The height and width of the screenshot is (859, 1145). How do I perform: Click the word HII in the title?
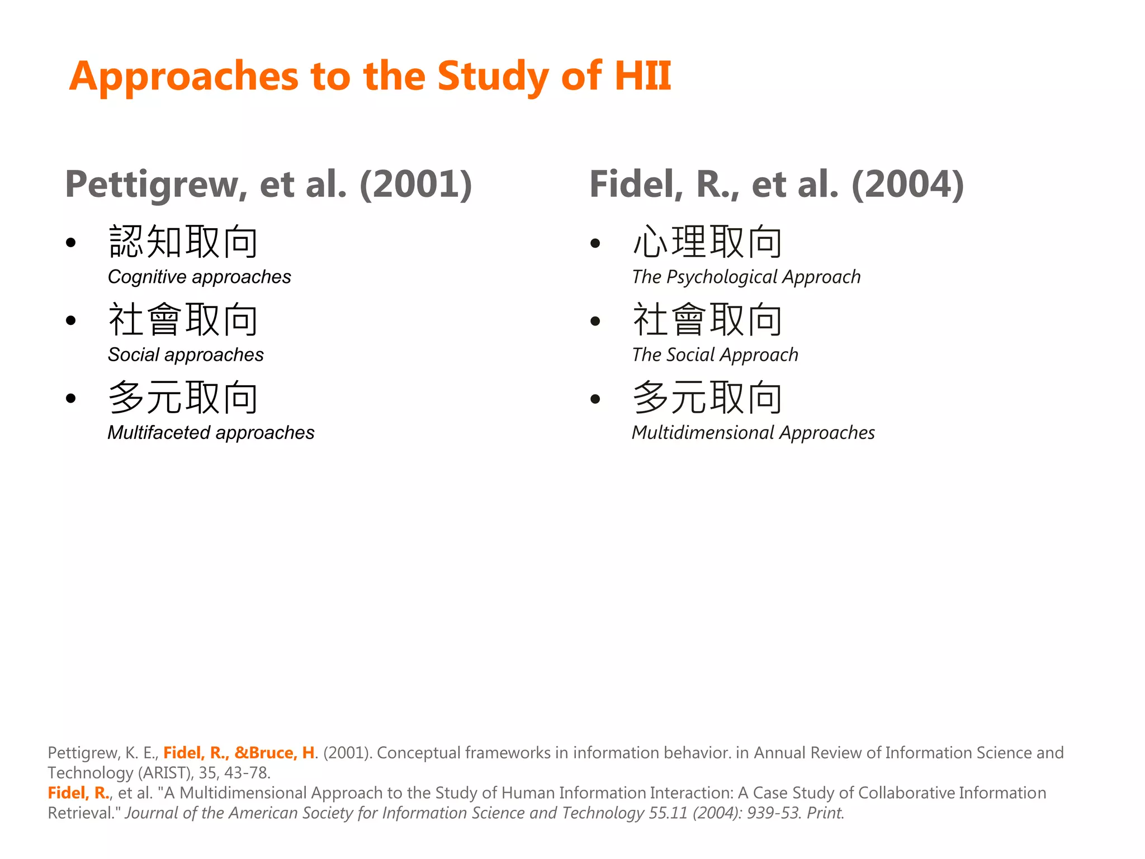642,76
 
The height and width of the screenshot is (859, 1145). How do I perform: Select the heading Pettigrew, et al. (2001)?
268,184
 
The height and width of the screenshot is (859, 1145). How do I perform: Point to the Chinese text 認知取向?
183,242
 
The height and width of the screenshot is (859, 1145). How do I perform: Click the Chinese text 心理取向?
707,242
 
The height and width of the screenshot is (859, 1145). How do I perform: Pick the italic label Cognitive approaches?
199,277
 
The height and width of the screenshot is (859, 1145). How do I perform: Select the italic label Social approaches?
186,355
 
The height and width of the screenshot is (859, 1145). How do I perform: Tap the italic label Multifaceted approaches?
211,432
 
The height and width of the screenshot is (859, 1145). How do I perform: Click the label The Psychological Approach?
746,277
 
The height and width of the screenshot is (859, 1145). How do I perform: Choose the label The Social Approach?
715,355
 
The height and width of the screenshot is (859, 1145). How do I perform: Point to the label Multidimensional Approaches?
753,432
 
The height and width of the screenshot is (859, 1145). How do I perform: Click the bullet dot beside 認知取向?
70,243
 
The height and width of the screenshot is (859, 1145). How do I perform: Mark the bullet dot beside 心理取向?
595,243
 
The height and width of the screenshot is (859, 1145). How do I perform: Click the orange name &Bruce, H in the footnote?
275,753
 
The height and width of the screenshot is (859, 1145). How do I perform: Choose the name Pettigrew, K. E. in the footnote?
103,753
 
